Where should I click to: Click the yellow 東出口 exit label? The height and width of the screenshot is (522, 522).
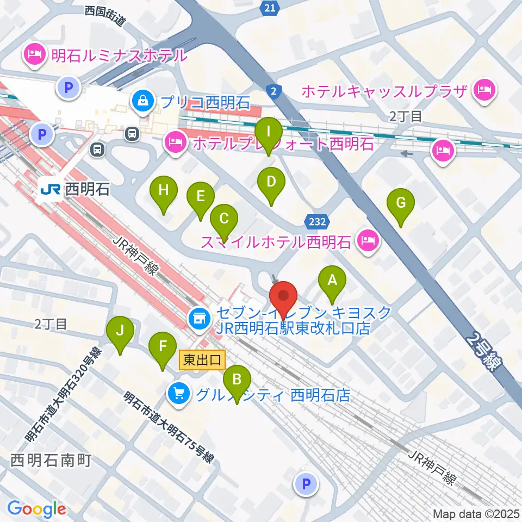201,359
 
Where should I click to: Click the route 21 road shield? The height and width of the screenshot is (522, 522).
269,8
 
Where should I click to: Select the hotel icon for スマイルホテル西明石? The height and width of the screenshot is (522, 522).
368,239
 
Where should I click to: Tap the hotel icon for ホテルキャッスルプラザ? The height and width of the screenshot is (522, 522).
483,88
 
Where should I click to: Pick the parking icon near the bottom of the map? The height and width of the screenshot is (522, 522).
306,483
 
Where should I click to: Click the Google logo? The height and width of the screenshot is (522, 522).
36,509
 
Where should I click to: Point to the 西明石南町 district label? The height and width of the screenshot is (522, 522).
51,460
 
